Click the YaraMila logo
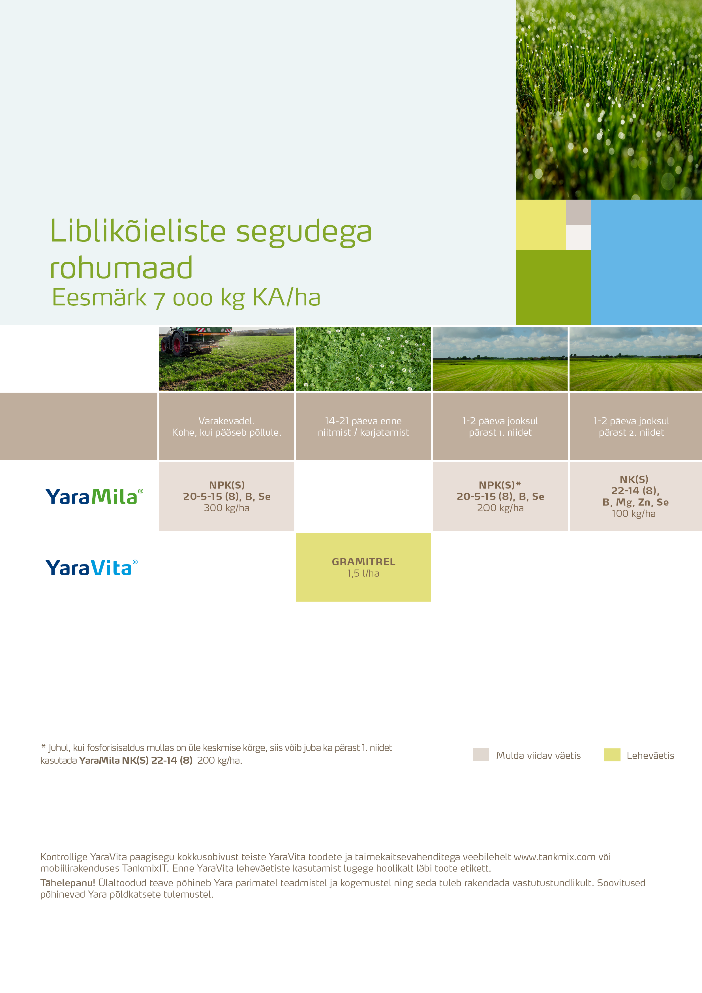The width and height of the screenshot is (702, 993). pos(94,497)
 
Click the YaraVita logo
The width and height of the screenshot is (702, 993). pos(91,568)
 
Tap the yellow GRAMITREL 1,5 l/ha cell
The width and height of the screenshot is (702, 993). pos(363,567)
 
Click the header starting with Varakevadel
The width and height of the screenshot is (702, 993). pos(227,426)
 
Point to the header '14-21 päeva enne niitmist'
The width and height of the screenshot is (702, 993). pos(363,426)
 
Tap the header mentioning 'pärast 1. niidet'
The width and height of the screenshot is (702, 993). pos(500,426)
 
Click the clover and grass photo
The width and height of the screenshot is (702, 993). pos(363,359)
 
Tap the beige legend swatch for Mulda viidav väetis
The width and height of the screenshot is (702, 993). pos(481,755)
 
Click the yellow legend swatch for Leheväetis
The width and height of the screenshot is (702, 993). pos(612,755)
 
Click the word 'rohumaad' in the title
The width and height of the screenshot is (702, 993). pos(121,268)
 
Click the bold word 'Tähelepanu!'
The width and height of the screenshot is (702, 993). pos(67,883)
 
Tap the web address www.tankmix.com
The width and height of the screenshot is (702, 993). pos(555,857)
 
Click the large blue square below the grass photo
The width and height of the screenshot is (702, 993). pos(646,262)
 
